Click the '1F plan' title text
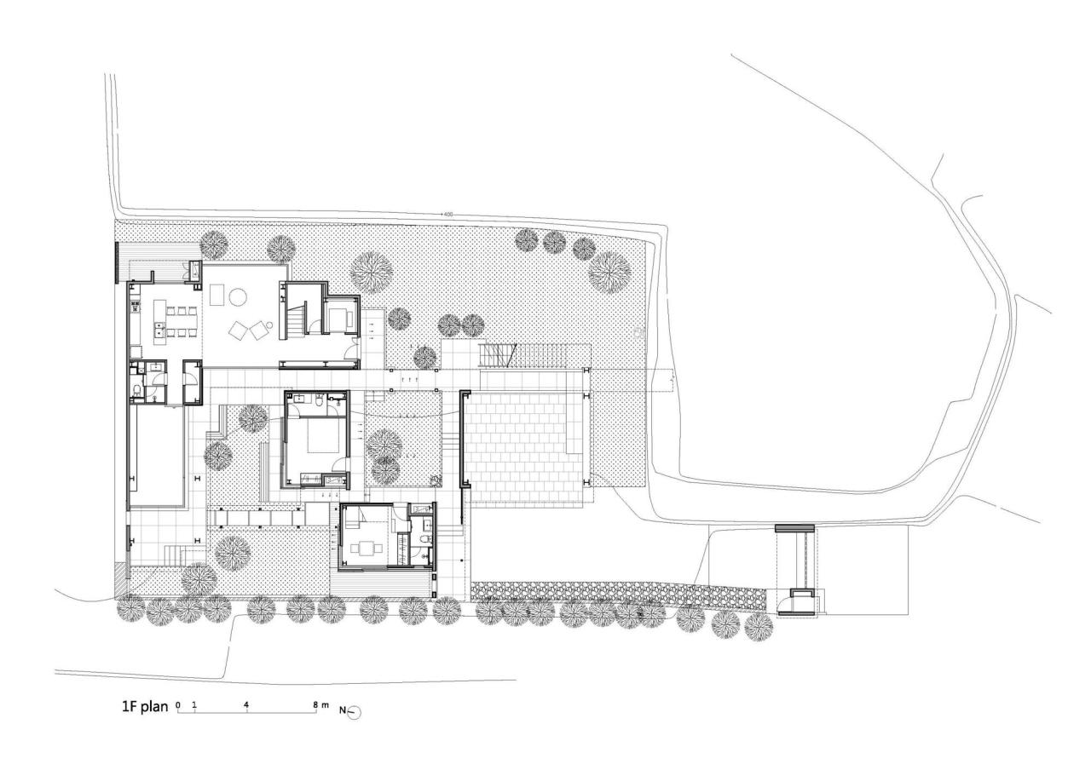pyautogui.click(x=145, y=707)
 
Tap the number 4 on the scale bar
pyautogui.click(x=245, y=704)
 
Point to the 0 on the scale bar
pyautogui.click(x=178, y=704)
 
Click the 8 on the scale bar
pyautogui.click(x=315, y=704)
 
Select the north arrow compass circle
pyautogui.click(x=355, y=712)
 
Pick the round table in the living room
pyautogui.click(x=238, y=297)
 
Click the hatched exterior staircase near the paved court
pyautogui.click(x=499, y=353)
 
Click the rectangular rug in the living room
pyautogui.click(x=216, y=294)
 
